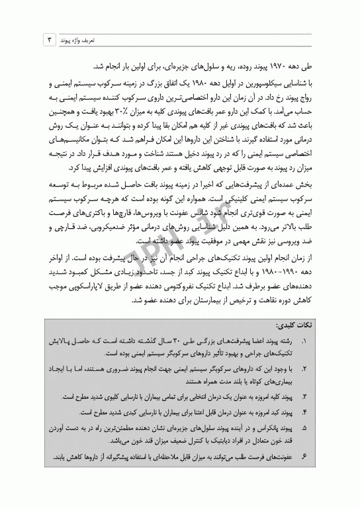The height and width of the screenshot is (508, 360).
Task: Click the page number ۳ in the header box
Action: coord(48,40)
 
